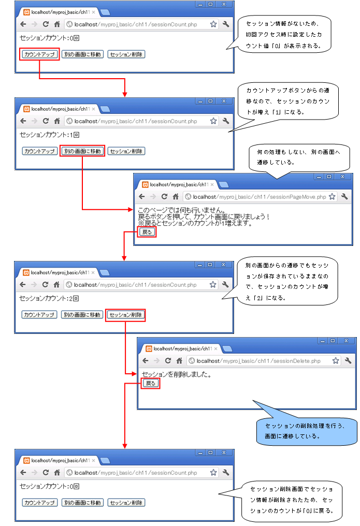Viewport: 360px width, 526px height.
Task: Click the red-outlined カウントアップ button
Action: [x=39, y=54]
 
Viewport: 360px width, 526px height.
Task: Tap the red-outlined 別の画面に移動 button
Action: [x=82, y=151]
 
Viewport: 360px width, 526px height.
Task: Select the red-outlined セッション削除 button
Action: [x=125, y=315]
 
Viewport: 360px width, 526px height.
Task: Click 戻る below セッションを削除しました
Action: [x=150, y=383]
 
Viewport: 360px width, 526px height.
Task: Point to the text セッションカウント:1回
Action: [x=49, y=135]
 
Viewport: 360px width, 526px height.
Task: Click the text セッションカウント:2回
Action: [x=49, y=298]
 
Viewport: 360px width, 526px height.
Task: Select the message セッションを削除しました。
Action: [x=176, y=374]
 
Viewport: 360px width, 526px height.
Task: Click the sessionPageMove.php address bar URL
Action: [x=259, y=197]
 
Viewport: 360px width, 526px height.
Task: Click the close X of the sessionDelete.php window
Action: [x=346, y=341]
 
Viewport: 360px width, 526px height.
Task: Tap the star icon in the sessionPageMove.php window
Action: [x=332, y=197]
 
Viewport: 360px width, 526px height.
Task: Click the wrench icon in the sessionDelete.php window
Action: [x=348, y=361]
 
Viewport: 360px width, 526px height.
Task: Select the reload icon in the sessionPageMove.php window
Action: [x=164, y=197]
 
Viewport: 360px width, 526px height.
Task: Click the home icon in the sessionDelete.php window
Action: [x=179, y=361]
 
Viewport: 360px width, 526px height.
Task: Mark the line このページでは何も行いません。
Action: [x=182, y=211]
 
